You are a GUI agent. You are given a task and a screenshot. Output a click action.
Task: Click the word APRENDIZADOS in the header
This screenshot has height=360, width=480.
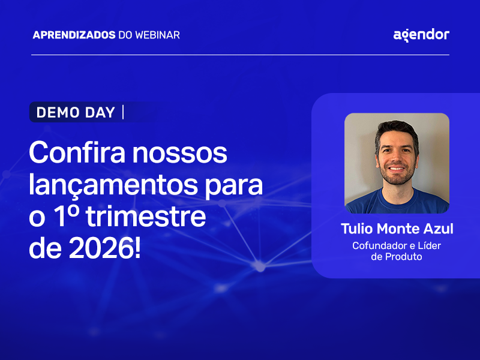[74, 35]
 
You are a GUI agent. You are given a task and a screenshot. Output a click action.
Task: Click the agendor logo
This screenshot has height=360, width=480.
[421, 35]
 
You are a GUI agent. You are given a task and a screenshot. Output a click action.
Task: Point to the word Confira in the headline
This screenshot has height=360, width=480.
[75, 154]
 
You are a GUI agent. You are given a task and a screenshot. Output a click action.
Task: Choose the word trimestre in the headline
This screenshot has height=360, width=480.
[146, 217]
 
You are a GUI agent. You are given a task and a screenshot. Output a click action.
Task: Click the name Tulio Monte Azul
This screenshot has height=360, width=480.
[397, 229]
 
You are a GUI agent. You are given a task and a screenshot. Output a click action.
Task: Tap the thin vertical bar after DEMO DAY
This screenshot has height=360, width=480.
[123, 112]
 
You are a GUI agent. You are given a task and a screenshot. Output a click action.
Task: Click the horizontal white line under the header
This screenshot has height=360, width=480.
[240, 55]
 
